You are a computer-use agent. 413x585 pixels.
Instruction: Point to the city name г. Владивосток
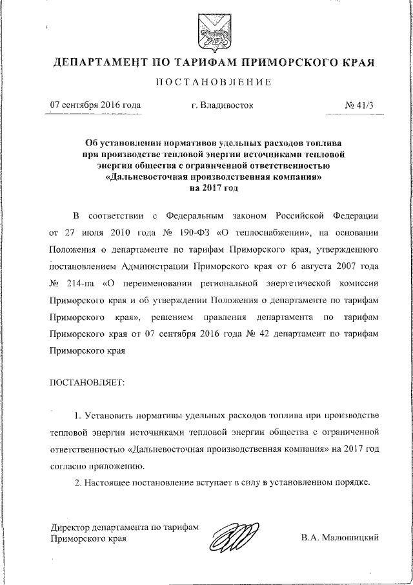tap(222, 104)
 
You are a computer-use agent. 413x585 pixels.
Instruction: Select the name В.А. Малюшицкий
tap(339, 538)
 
